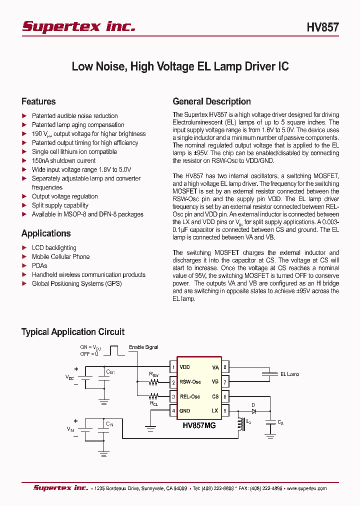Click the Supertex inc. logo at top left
point(78,26)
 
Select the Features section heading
point(38,101)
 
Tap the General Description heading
point(211,101)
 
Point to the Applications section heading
point(46,233)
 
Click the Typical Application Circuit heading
point(73,332)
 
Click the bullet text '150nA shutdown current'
point(63,160)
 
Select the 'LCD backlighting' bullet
point(54,247)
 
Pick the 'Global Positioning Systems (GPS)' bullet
point(76,283)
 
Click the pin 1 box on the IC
point(173,367)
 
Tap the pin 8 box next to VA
point(225,367)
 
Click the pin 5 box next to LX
point(225,411)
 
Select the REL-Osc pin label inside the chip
point(190,396)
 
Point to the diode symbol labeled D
point(253,411)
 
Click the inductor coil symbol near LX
point(240,423)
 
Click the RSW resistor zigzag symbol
point(153,382)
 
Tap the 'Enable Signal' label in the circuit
point(143,347)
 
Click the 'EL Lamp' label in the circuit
point(289,374)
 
